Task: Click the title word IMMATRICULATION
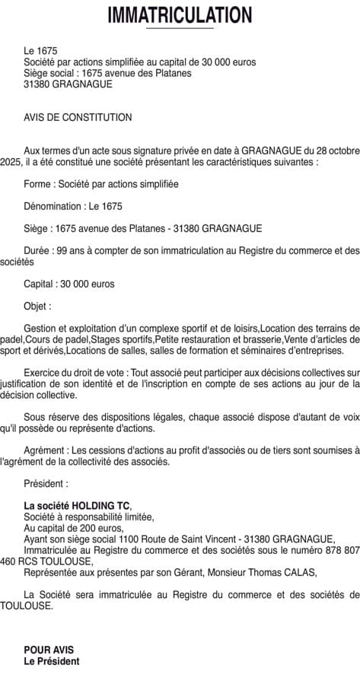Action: [x=180, y=14]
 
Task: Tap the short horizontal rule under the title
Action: [x=180, y=29]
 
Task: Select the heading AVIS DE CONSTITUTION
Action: [x=78, y=117]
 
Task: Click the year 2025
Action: [x=11, y=162]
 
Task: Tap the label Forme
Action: [x=37, y=184]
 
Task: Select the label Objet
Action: [x=37, y=306]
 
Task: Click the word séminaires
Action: [x=248, y=351]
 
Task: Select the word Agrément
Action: [x=44, y=450]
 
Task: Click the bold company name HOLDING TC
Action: [x=101, y=506]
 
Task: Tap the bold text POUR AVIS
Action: [x=49, y=650]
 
